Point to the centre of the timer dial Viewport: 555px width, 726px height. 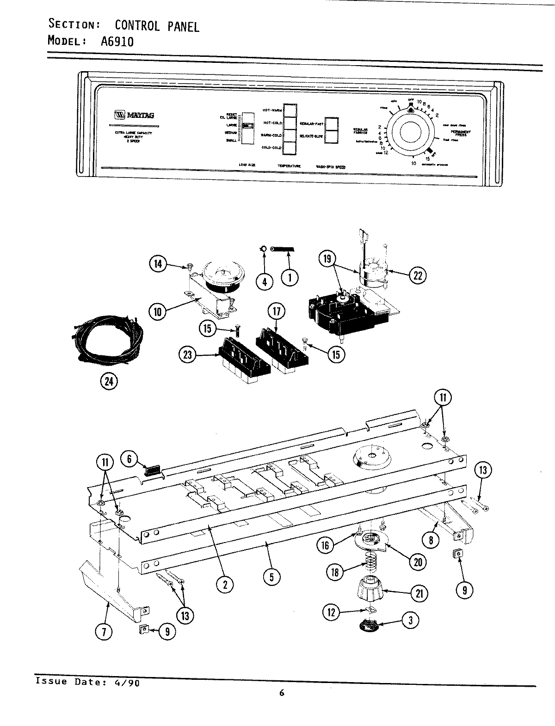coord(411,134)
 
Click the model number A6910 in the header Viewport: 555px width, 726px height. coord(117,42)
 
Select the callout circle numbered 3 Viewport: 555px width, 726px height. coord(410,621)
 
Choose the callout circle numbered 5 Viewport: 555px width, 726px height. coord(271,577)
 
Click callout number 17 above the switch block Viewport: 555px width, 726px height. coord(276,312)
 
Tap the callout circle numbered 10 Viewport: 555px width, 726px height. coord(157,311)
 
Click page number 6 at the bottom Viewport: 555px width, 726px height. coord(282,692)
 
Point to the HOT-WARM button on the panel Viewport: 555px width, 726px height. coord(290,110)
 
